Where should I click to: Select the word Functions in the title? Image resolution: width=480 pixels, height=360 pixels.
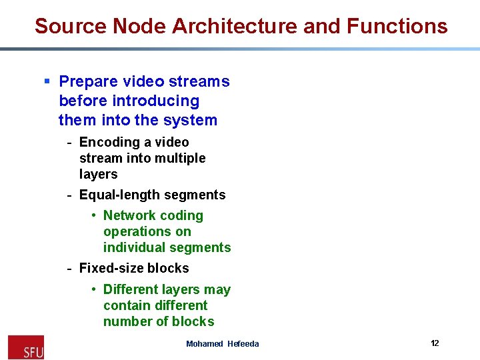click(x=397, y=26)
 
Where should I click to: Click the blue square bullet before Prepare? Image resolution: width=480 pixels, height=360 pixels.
click(x=47, y=81)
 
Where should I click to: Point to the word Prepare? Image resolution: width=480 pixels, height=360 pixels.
click(x=87, y=82)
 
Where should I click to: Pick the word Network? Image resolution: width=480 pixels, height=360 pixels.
click(x=129, y=216)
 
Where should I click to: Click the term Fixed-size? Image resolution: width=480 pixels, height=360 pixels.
click(x=109, y=269)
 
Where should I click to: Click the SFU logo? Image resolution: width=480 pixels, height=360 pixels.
click(x=25, y=347)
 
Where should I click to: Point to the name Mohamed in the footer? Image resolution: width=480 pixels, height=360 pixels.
click(x=205, y=344)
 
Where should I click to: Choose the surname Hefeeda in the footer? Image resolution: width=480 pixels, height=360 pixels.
click(x=243, y=344)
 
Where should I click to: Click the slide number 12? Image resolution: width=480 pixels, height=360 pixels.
click(x=435, y=343)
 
